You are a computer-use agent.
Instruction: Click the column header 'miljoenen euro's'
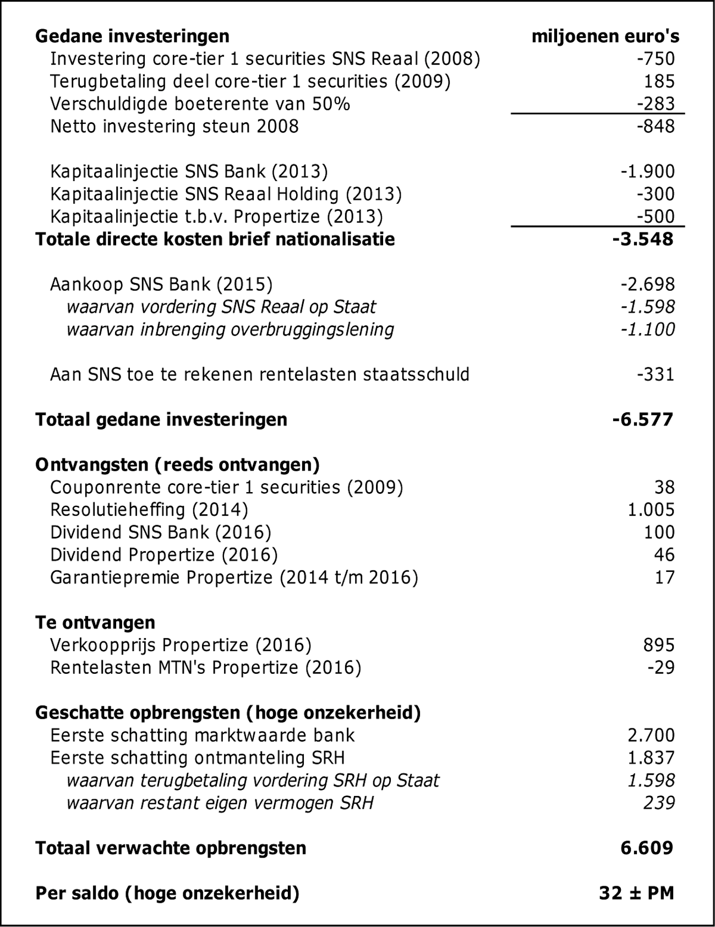tap(605, 36)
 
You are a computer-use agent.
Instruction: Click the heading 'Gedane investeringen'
tap(132, 36)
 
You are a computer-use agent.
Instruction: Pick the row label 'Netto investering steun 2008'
tap(174, 127)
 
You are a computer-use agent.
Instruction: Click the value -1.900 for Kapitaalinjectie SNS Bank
tap(647, 172)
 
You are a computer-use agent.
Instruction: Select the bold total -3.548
tap(642, 239)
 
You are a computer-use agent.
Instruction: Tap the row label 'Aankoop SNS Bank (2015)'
tap(161, 285)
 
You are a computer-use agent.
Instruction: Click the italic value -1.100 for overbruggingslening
tap(647, 329)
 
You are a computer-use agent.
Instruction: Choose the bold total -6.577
tap(642, 420)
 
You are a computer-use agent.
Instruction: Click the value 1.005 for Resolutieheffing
tap(651, 510)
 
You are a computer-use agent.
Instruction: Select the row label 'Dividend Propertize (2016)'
tap(163, 555)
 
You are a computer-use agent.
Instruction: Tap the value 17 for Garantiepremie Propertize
tap(664, 577)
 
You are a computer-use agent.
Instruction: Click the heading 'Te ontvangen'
tap(95, 623)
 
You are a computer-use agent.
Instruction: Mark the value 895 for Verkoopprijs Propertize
tap(659, 645)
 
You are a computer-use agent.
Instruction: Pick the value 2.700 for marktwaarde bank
tap(651, 735)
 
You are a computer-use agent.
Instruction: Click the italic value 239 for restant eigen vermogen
tap(659, 803)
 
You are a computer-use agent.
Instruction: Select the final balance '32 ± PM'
tap(636, 893)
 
